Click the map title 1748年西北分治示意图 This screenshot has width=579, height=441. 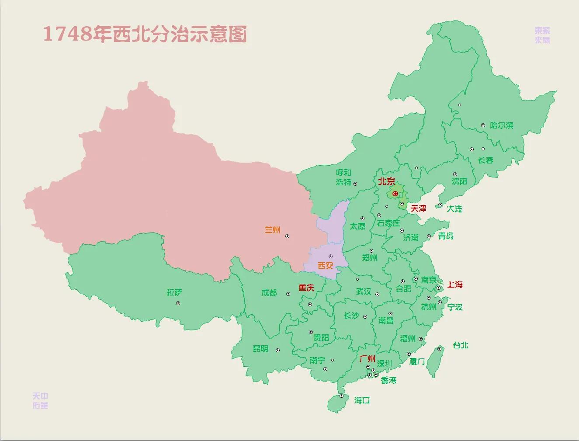145,34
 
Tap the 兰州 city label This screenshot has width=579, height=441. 273,230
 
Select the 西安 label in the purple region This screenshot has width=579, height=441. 325,265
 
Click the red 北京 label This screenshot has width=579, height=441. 387,181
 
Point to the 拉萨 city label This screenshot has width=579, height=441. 174,292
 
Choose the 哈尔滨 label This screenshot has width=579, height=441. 501,125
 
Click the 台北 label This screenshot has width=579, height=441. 461,345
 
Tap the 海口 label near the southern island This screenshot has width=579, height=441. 362,400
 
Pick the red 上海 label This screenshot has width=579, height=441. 455,285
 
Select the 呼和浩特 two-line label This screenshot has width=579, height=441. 343,177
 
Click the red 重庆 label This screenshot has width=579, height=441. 306,288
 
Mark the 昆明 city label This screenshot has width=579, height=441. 260,349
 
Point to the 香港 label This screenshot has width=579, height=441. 388,380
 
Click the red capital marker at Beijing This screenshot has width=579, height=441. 395,194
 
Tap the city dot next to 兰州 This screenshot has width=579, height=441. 288,236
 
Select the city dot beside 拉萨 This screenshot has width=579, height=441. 178,303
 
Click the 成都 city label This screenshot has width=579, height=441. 269,293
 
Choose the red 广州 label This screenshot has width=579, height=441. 367,359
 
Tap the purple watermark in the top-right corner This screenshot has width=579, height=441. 542,35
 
